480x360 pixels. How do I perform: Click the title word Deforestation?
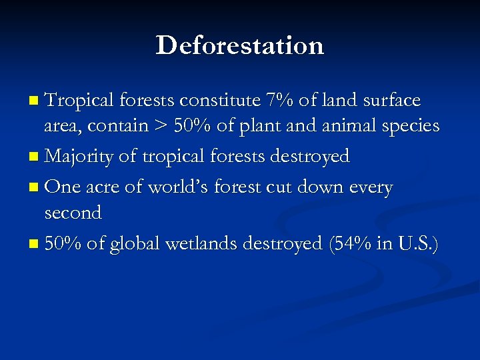[x=240, y=46]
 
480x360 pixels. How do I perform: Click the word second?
[x=73, y=213]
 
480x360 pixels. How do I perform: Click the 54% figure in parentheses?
[x=355, y=243]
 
